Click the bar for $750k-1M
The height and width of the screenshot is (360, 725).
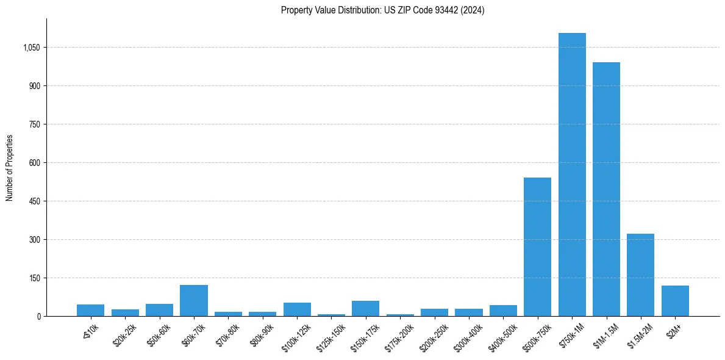tap(572, 175)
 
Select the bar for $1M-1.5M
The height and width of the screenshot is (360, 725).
tap(606, 189)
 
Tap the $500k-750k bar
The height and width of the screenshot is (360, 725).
tap(537, 247)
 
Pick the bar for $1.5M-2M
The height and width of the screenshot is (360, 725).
tap(640, 275)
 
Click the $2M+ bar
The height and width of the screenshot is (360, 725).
tap(675, 301)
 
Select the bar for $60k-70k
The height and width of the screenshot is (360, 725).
tap(194, 300)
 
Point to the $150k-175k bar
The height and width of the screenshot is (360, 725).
tap(365, 308)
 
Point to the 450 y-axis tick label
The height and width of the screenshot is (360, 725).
tap(35, 201)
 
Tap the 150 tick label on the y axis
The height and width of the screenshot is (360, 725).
tap(35, 278)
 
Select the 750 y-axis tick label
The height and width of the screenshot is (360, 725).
tap(35, 124)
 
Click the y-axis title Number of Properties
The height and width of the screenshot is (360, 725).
tap(10, 168)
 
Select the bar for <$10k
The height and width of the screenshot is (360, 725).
tap(90, 310)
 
